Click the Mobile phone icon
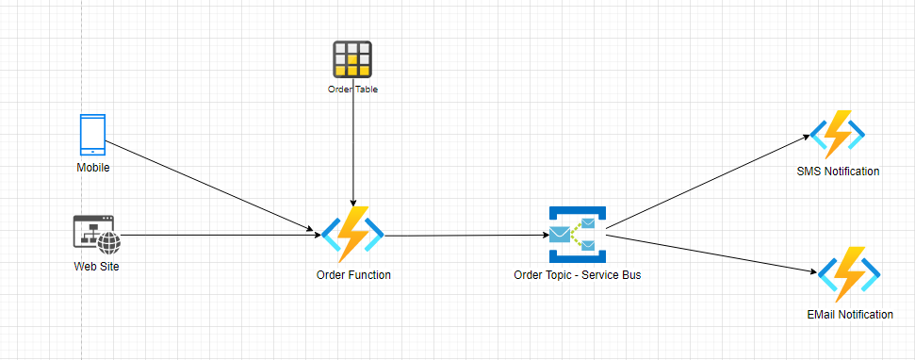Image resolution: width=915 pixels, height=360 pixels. [x=92, y=135]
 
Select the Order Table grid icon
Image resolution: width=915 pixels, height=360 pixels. [x=352, y=59]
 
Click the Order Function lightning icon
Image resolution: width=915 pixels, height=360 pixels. [x=352, y=235]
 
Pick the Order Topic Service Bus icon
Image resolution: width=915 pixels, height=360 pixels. [x=578, y=235]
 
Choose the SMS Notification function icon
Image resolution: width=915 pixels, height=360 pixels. [x=838, y=135]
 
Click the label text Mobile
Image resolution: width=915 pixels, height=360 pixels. [x=93, y=168]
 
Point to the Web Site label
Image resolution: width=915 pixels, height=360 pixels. [x=96, y=268]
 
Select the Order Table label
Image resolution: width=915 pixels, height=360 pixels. [x=352, y=90]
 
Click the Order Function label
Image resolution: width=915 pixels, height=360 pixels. [x=353, y=275]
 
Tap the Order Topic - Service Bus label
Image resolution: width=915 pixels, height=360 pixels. [x=577, y=275]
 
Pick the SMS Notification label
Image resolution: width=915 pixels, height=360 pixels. [x=838, y=172]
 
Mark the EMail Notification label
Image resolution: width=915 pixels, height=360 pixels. [x=850, y=315]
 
